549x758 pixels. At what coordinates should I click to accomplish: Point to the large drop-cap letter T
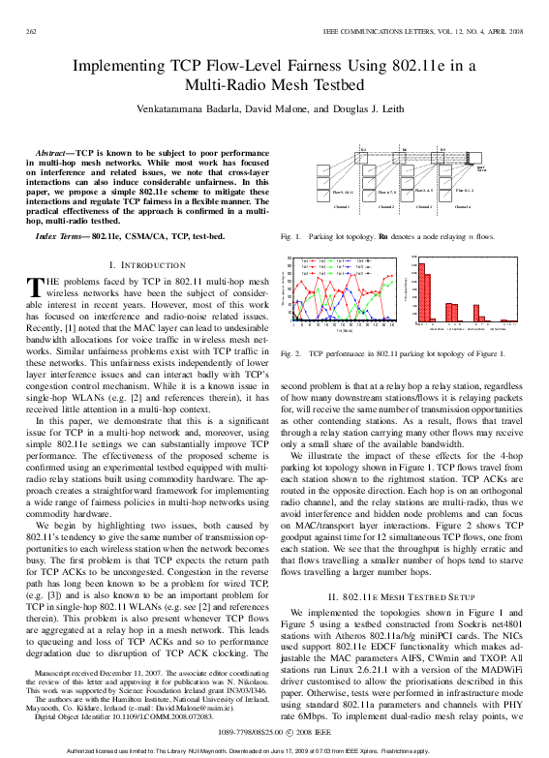pos(38,287)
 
